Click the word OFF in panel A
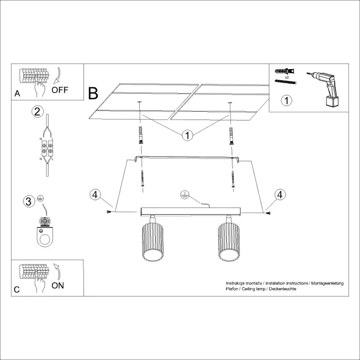[x=60, y=90]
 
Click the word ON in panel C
[x=58, y=286]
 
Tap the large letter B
[x=93, y=94]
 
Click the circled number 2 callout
[x=37, y=111]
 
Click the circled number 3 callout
[x=29, y=201]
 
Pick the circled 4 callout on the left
[x=95, y=195]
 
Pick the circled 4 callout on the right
[x=280, y=195]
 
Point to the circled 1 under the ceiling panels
[x=187, y=135]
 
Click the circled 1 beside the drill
[x=287, y=100]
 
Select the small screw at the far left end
[x=109, y=212]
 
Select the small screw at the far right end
[x=268, y=213]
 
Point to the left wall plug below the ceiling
[x=141, y=135]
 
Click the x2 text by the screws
[x=287, y=77]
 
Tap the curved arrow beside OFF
[x=57, y=75]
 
